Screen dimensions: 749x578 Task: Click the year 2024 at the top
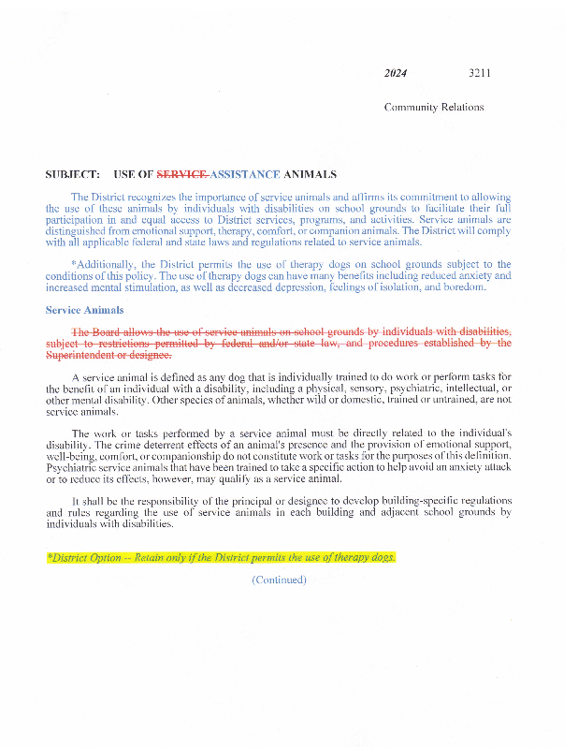pos(395,73)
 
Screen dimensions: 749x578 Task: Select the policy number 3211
pos(480,73)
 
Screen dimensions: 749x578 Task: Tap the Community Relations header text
pos(434,107)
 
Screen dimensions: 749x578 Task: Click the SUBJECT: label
pos(72,175)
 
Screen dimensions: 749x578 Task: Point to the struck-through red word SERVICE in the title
pos(181,175)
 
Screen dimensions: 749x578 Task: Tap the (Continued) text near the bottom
pos(279,580)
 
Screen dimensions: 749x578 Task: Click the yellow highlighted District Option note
pos(221,558)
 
